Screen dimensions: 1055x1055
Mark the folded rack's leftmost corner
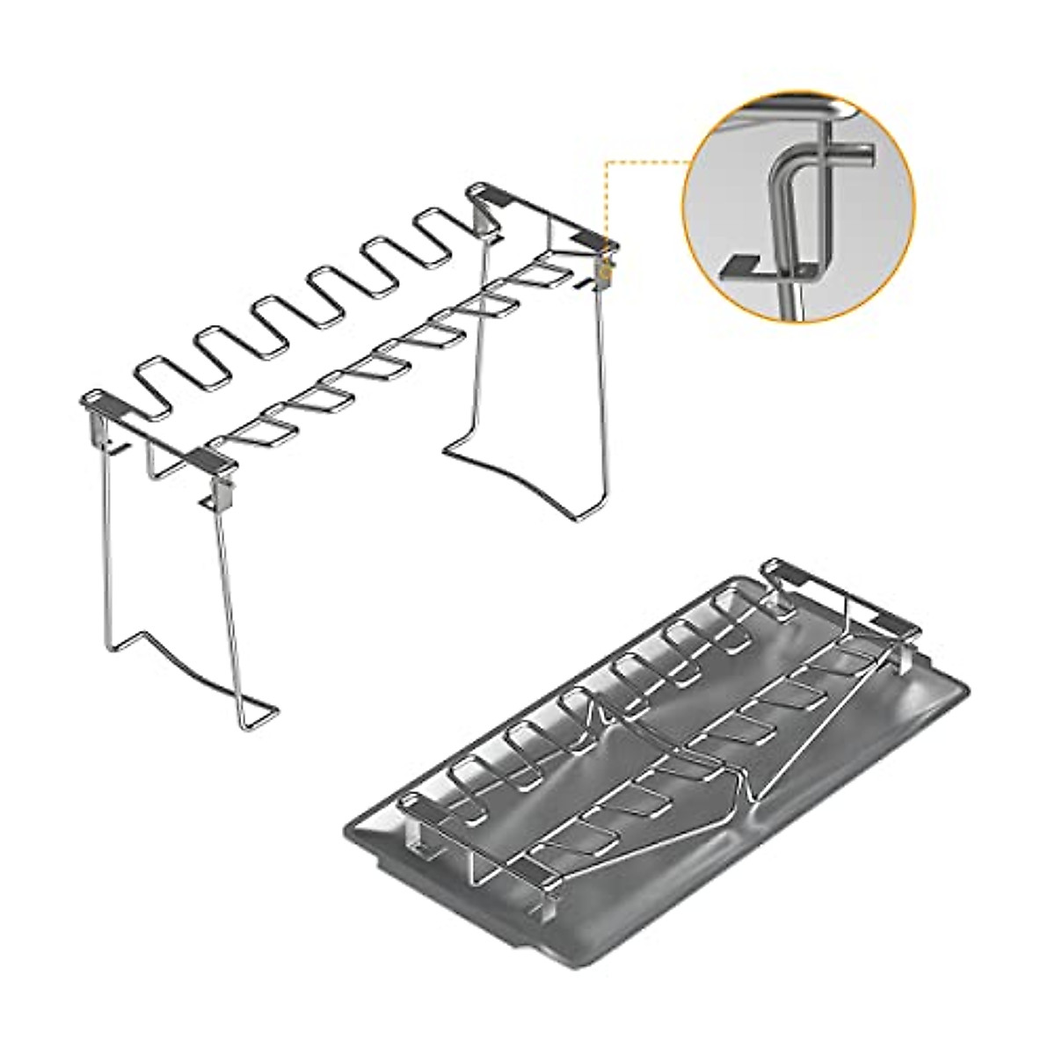[x=406, y=800]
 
